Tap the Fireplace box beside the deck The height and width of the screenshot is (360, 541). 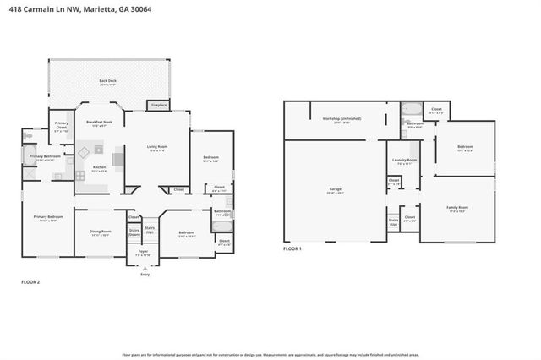coord(157,106)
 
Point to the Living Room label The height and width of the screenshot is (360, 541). coord(157,148)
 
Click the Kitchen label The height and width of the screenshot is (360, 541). coord(99,168)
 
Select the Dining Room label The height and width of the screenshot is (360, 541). coord(101,232)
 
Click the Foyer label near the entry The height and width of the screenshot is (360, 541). coord(144,253)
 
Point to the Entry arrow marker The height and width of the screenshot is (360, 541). coord(145,268)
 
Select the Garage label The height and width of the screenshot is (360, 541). coord(335,189)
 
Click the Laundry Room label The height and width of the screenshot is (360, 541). coord(404,161)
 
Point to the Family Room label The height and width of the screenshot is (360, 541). coord(457,208)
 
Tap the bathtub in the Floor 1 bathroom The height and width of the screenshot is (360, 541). coord(413,108)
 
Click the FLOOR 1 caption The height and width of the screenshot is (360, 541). coord(292,248)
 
